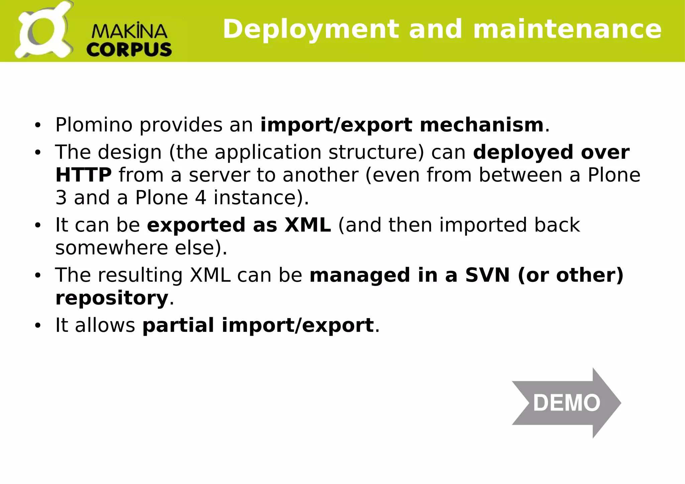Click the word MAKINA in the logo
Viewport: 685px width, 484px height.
(x=129, y=31)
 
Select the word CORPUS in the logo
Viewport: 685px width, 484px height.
(x=129, y=50)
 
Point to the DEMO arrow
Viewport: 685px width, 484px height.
(x=566, y=403)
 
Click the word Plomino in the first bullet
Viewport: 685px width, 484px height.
(x=94, y=125)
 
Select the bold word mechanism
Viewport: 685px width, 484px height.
(x=481, y=125)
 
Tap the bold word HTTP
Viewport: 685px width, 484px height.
(x=83, y=175)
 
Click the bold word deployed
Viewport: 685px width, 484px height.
(x=523, y=153)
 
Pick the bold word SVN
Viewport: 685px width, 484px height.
(x=487, y=275)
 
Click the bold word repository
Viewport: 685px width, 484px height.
(x=112, y=298)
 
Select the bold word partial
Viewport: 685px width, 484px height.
(x=178, y=325)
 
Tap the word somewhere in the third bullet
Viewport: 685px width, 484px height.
(x=111, y=248)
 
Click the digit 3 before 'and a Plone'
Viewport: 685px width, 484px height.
(x=61, y=198)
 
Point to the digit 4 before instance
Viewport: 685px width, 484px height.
(x=200, y=198)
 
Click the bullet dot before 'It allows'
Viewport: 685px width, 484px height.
(x=37, y=325)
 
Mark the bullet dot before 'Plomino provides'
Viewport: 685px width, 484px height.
(x=37, y=125)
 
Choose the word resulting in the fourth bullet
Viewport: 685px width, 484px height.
(x=140, y=275)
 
